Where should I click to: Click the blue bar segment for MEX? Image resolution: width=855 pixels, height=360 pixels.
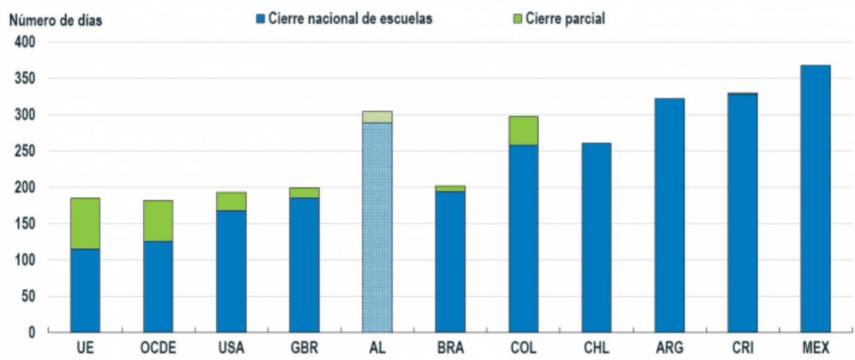point(814,199)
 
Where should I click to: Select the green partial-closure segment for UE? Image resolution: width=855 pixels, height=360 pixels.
point(85,223)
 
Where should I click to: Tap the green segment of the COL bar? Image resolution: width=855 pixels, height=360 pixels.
point(523,130)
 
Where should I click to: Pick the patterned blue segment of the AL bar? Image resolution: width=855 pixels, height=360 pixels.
point(377,228)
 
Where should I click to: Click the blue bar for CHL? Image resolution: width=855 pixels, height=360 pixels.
point(596,238)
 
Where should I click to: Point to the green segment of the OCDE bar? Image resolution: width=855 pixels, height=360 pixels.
point(158,221)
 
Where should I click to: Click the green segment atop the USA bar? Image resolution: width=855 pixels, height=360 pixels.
point(231,202)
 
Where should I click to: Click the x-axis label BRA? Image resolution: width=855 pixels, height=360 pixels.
point(450,347)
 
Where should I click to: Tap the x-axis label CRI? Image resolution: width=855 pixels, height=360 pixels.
point(742,347)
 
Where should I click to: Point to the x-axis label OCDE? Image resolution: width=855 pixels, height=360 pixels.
point(158,347)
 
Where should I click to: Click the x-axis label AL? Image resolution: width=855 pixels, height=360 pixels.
point(377,347)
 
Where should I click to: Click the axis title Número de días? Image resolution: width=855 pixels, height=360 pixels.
point(55,21)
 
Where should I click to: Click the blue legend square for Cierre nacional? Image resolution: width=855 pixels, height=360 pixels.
point(259,18)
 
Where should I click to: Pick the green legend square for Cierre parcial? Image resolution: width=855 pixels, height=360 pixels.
point(517,18)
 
